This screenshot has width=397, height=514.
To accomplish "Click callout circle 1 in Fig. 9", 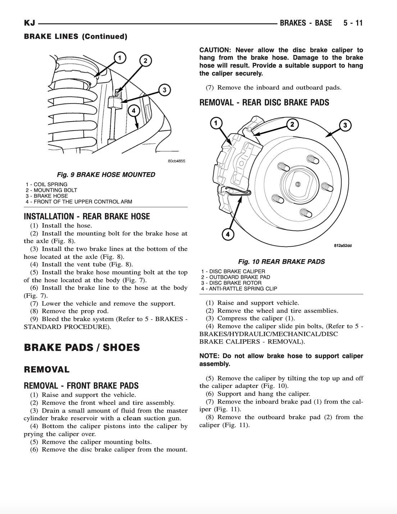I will [120, 57].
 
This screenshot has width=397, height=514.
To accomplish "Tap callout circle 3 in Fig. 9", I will [164, 90].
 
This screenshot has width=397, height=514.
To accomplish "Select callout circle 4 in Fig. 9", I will [133, 110].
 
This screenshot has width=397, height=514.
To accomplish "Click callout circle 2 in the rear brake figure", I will [292, 124].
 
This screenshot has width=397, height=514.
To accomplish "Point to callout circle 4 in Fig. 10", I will [228, 235].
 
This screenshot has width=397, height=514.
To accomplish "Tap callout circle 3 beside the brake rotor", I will [345, 125].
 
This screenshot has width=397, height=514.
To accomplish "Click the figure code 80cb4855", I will [177, 161].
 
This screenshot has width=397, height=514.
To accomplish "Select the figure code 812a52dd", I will [343, 246].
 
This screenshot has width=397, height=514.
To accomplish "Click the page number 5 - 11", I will [353, 23].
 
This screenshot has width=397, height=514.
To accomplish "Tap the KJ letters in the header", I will [29, 23].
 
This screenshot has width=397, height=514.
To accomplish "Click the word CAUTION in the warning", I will [215, 50].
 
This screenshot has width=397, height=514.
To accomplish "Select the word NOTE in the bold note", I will [209, 356].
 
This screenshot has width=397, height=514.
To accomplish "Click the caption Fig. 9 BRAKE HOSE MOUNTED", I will [106, 175].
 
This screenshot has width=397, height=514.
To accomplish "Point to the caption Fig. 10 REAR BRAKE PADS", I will [281, 262].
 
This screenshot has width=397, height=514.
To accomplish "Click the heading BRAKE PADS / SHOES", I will [82, 348].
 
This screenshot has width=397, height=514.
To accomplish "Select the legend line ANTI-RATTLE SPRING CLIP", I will [239, 289].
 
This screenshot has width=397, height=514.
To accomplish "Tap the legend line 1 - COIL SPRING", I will [46, 184].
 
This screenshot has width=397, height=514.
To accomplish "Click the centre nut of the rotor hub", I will [297, 184].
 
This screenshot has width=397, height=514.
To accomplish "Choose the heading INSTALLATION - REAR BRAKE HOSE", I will [87, 216].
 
